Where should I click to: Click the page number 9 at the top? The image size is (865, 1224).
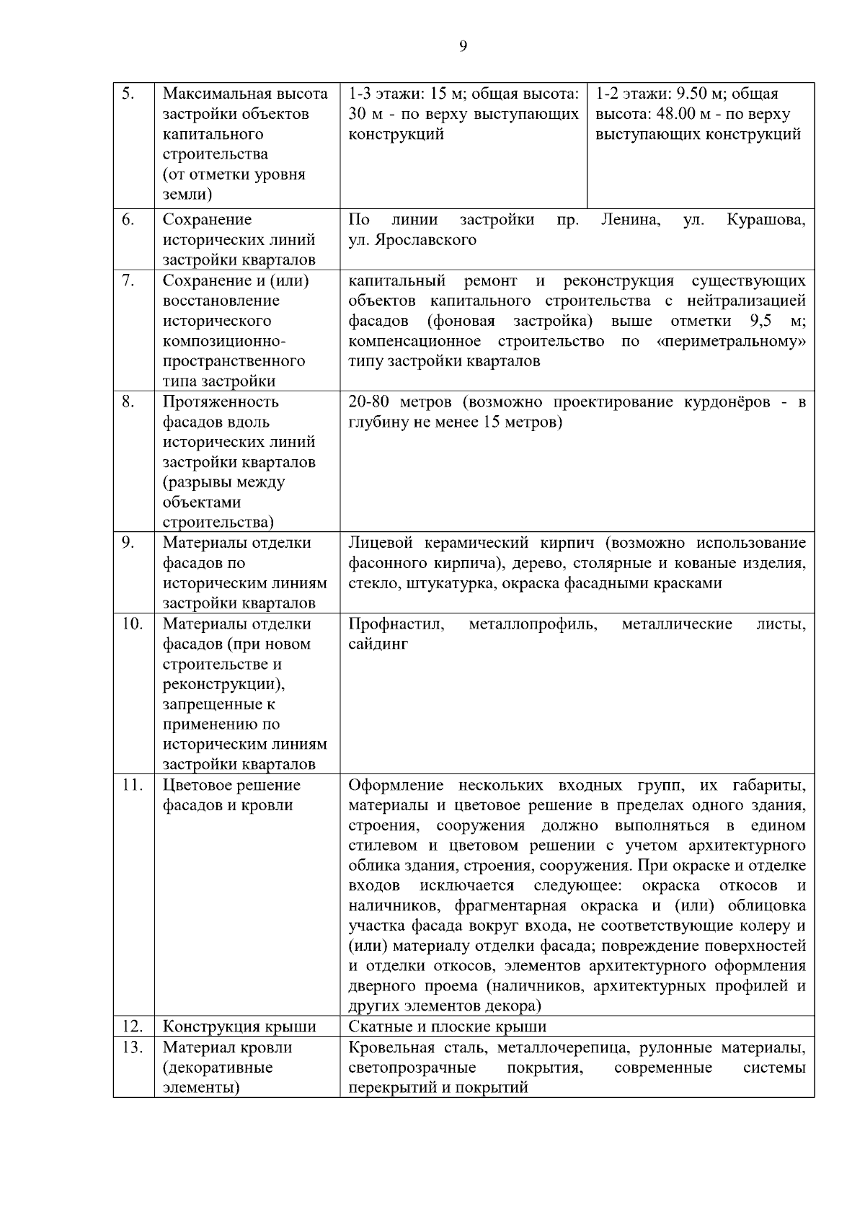pyautogui.click(x=463, y=47)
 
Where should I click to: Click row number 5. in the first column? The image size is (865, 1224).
pyautogui.click(x=128, y=94)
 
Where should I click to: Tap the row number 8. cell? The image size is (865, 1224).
pyautogui.click(x=128, y=402)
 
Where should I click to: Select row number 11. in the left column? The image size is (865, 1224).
pyautogui.click(x=130, y=785)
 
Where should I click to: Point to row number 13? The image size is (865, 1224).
pyautogui.click(x=130, y=1047)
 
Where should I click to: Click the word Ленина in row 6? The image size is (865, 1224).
pyautogui.click(x=631, y=219)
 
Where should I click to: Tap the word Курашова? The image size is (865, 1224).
pyautogui.click(x=766, y=219)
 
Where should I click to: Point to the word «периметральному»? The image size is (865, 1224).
pyautogui.click(x=732, y=341)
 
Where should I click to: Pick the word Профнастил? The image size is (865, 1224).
pyautogui.click(x=396, y=624)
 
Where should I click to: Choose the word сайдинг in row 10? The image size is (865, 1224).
pyautogui.click(x=378, y=644)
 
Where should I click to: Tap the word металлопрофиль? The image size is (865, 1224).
pyautogui.click(x=533, y=624)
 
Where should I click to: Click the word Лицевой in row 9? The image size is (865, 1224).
pyautogui.click(x=379, y=543)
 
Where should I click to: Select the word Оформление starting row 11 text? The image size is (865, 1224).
pyautogui.click(x=396, y=785)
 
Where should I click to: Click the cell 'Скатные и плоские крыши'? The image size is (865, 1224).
pyautogui.click(x=447, y=1026)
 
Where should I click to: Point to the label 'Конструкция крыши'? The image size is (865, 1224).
pyautogui.click(x=239, y=1026)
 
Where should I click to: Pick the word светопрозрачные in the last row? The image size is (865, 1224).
pyautogui.click(x=412, y=1068)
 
